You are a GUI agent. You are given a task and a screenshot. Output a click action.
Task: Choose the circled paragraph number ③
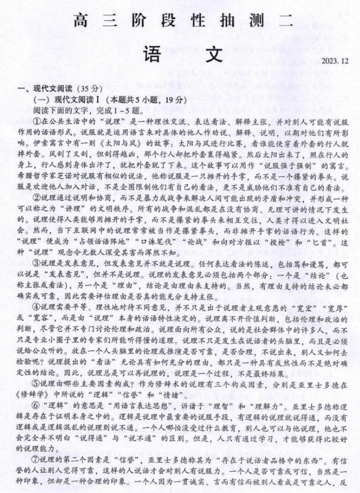(x=37, y=263)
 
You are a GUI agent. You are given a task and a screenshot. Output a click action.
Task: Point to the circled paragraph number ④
(x=37, y=307)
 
